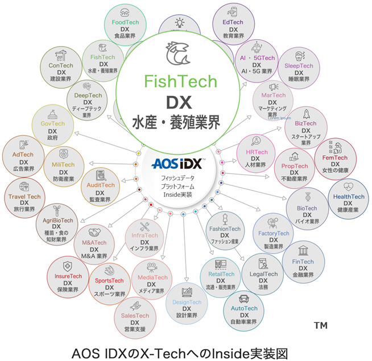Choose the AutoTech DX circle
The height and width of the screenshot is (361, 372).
244,308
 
